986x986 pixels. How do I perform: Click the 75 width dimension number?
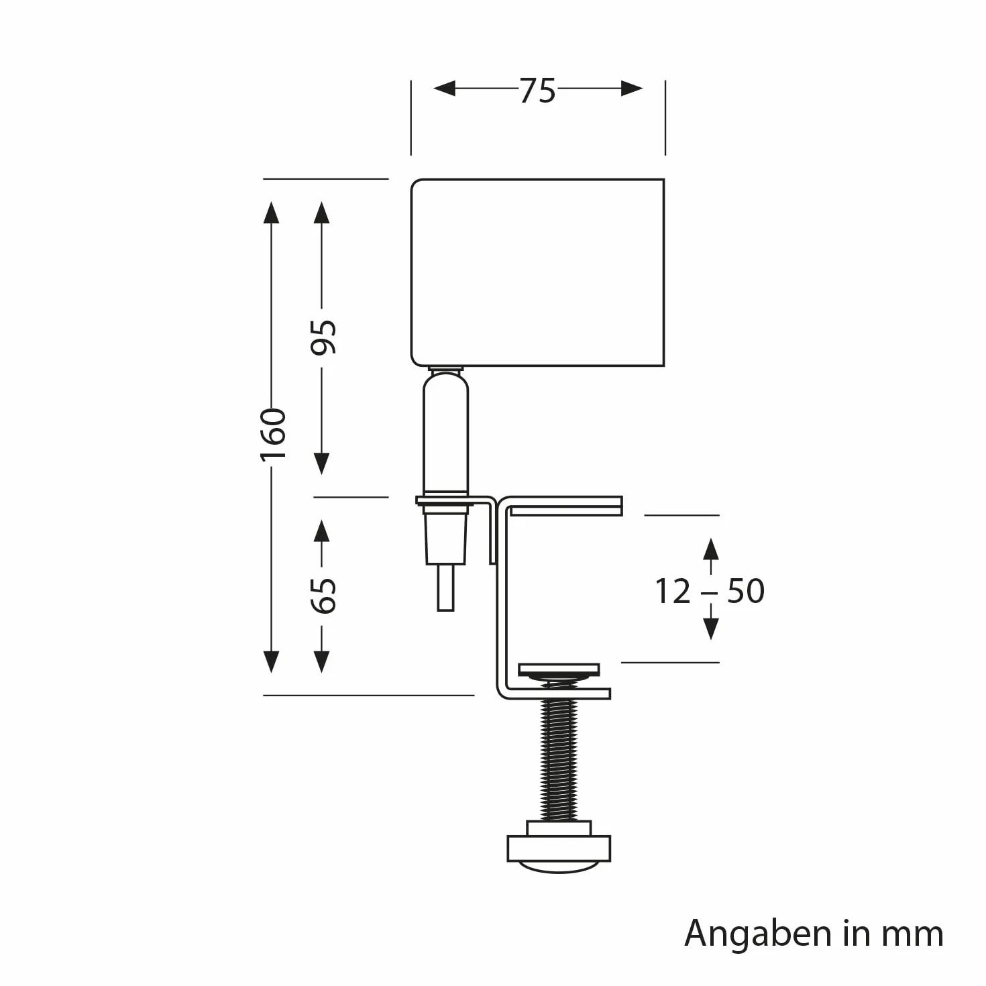[537, 91]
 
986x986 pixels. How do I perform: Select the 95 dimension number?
[323, 337]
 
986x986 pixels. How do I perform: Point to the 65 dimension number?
[323, 596]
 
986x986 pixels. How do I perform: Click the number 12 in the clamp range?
[673, 592]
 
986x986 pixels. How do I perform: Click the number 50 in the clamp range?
[745, 592]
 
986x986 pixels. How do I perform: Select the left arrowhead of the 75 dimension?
[444, 88]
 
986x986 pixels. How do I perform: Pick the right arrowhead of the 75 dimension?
[631, 88]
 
